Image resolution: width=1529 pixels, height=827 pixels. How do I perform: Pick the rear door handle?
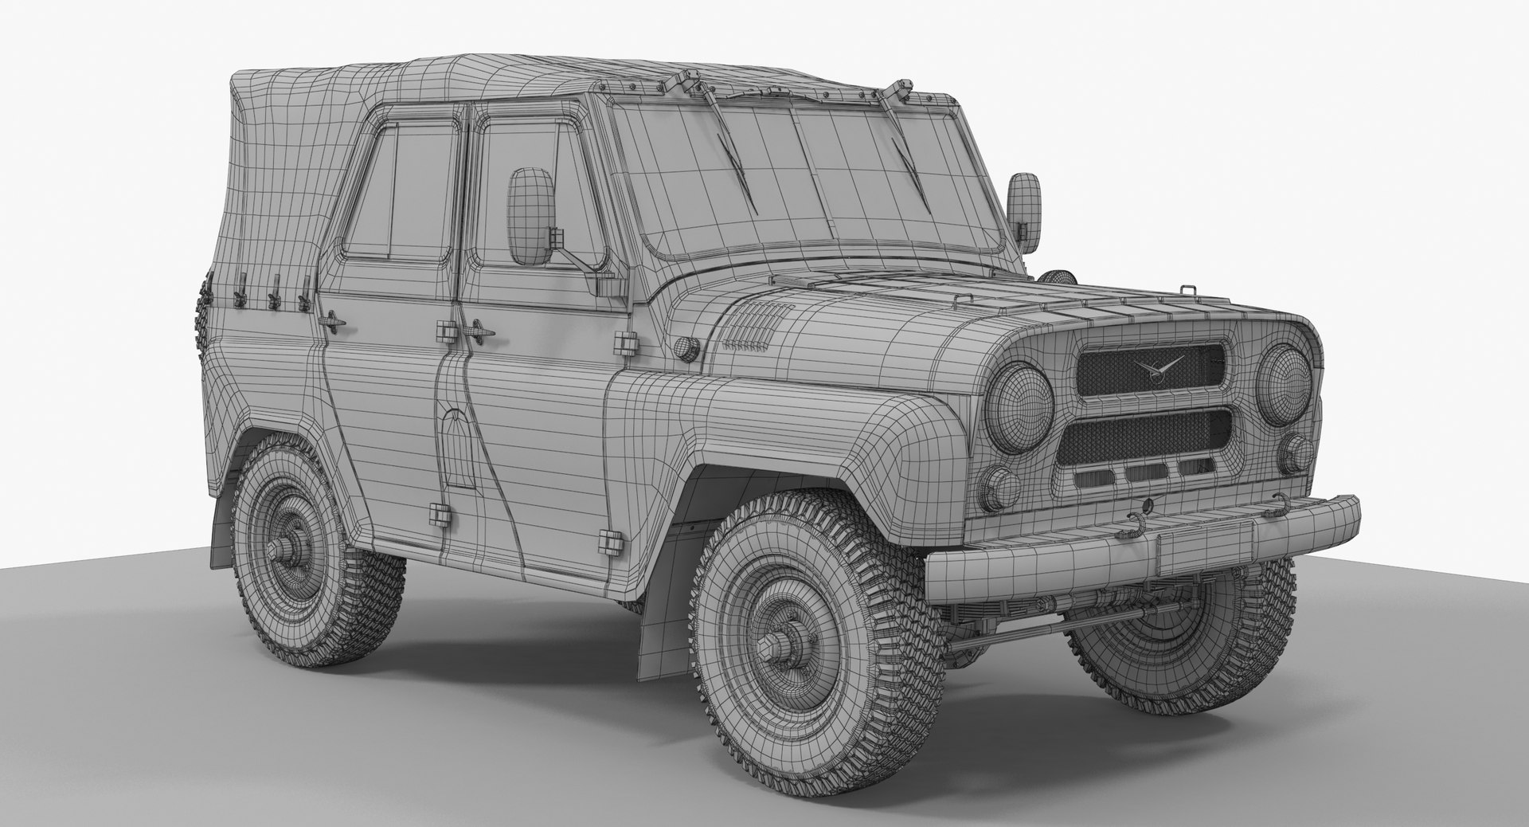click(x=332, y=319)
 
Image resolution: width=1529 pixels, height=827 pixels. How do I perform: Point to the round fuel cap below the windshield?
click(x=683, y=347)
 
